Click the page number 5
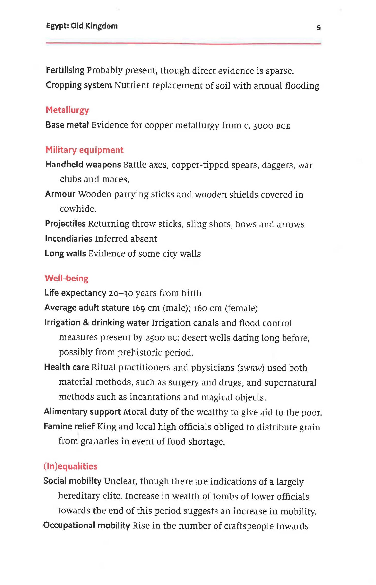click(319, 28)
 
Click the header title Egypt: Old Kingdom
click(82, 26)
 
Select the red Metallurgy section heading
click(67, 110)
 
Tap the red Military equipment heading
click(84, 150)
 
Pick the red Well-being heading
click(66, 278)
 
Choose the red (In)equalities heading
click(70, 466)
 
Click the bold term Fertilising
click(65, 70)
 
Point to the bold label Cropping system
click(78, 85)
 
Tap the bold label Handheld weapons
click(83, 165)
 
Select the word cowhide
click(78, 209)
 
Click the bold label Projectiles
click(65, 224)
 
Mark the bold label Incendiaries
click(68, 239)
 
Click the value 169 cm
click(146, 308)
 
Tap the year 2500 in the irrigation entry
click(155, 338)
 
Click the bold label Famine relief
click(69, 426)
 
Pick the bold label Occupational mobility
click(86, 525)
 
